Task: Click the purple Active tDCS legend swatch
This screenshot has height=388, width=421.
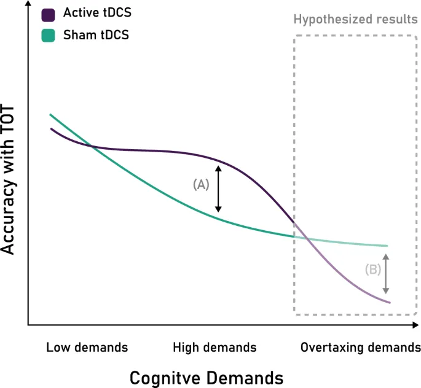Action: pyautogui.click(x=49, y=14)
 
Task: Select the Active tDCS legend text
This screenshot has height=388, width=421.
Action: pyautogui.click(x=96, y=14)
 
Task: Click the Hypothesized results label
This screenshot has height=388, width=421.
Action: pyautogui.click(x=356, y=18)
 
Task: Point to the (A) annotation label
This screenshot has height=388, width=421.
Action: pyautogui.click(x=201, y=184)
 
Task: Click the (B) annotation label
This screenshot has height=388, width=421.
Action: pyautogui.click(x=373, y=268)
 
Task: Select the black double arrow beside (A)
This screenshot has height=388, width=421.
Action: pyautogui.click(x=218, y=188)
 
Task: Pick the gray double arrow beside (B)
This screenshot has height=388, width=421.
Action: pyautogui.click(x=386, y=273)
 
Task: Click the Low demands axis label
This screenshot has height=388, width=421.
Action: pyautogui.click(x=87, y=347)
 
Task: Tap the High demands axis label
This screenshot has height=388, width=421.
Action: pyautogui.click(x=215, y=347)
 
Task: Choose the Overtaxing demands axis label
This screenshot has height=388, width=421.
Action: pyautogui.click(x=360, y=347)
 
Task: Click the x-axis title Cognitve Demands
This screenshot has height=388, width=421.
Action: pyautogui.click(x=206, y=376)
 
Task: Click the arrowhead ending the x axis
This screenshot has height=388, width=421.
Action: pyautogui.click(x=417, y=324)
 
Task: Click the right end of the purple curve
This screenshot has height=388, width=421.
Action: pyautogui.click(x=390, y=302)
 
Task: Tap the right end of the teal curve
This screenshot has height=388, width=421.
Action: pyautogui.click(x=388, y=246)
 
